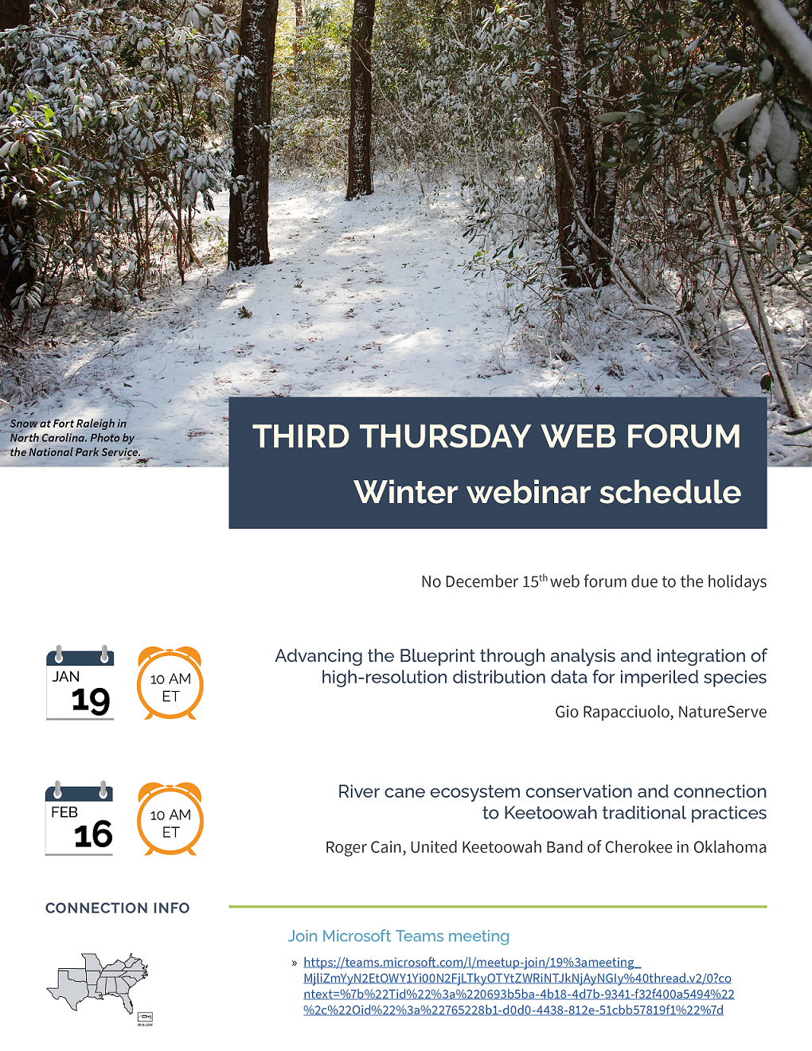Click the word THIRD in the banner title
pos(301,436)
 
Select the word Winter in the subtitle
pos(406,492)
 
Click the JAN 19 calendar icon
pos(80,682)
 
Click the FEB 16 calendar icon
pos(80,818)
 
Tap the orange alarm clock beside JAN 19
pos(170,682)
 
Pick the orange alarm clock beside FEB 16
pos(170,819)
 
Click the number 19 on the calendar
pos(91,701)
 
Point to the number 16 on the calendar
pos(93,834)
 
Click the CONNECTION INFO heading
pos(118,908)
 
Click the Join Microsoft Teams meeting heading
pos(399,936)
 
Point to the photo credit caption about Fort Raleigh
pos(75,438)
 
